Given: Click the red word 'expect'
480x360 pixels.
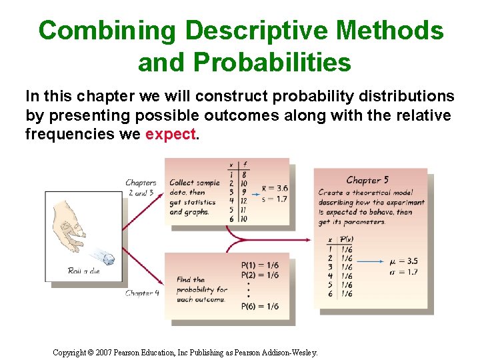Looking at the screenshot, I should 171,134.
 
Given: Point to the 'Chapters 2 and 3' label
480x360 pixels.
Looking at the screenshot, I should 140,187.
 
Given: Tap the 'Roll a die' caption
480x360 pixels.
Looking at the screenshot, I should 84,270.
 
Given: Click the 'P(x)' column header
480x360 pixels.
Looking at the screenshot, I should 346,239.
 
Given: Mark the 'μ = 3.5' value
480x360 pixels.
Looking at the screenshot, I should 403,261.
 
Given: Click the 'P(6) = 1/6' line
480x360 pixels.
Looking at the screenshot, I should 259,307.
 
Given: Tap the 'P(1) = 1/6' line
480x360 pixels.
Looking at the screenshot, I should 259,265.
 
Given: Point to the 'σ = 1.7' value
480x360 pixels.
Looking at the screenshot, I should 403,271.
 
